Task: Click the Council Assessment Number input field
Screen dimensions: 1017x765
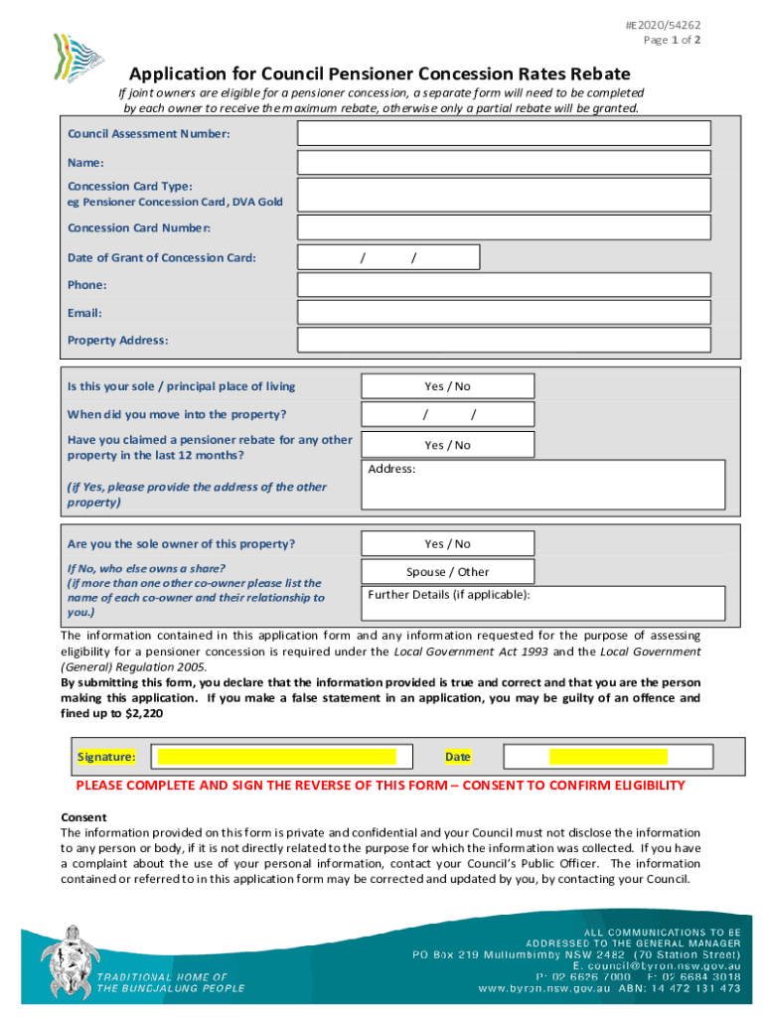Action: point(505,133)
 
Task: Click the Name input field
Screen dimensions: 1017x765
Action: point(505,163)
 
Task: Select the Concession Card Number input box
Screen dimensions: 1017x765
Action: point(505,227)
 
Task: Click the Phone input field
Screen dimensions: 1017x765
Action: point(505,285)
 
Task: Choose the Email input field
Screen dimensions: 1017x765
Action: point(505,313)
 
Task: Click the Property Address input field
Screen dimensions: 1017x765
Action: point(505,340)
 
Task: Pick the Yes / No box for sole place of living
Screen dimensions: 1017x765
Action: point(447,386)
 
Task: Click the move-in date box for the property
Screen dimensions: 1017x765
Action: point(447,414)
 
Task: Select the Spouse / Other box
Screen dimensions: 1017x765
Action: point(447,572)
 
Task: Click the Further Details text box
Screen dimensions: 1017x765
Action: point(542,604)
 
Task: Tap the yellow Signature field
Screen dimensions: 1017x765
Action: point(277,757)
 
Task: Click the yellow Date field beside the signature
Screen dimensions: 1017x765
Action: point(608,757)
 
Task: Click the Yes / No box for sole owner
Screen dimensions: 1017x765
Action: point(447,544)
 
